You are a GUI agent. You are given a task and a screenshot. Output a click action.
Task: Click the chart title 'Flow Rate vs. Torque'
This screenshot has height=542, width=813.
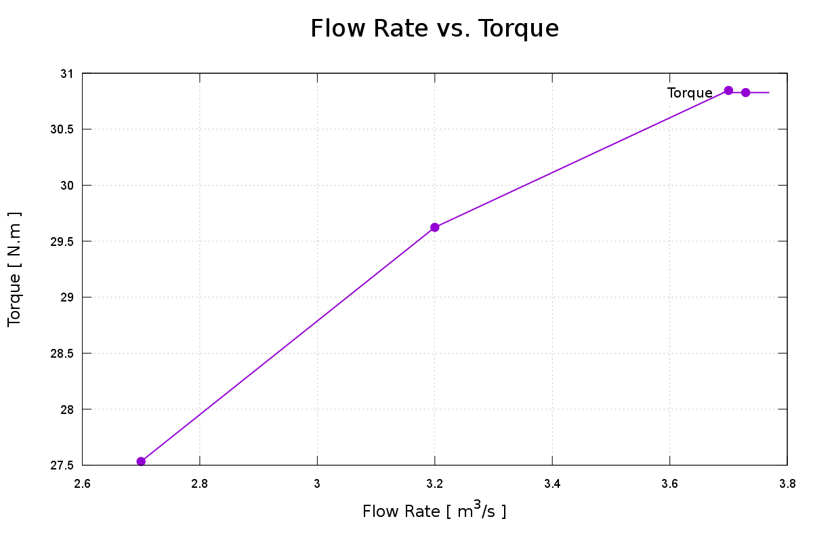pyautogui.click(x=434, y=29)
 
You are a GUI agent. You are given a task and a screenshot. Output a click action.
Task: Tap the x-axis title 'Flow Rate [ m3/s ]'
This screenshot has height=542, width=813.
pyautogui.click(x=434, y=510)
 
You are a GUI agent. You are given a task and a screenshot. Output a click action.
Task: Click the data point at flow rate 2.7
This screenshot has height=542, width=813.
pyautogui.click(x=141, y=461)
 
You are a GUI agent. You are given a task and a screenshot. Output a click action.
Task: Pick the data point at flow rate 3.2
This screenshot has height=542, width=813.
pyautogui.click(x=435, y=227)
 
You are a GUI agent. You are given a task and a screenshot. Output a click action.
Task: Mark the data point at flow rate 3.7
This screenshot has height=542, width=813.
pyautogui.click(x=728, y=91)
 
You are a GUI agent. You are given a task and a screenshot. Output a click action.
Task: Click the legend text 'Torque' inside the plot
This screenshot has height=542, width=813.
pyautogui.click(x=690, y=93)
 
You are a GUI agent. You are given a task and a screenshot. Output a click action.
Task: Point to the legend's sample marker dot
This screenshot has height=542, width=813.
pyautogui.click(x=746, y=92)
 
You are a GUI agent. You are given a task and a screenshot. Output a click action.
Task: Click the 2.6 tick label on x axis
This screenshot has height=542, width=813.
pyautogui.click(x=82, y=484)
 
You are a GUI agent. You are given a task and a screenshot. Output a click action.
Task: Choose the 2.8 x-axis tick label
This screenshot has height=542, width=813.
pyautogui.click(x=200, y=484)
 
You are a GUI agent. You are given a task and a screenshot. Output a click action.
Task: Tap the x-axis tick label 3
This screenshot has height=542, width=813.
pyautogui.click(x=317, y=484)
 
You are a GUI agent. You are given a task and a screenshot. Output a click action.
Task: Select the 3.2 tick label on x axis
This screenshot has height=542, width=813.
pyautogui.click(x=435, y=484)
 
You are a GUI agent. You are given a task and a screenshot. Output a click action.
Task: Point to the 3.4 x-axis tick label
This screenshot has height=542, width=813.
pyautogui.click(x=552, y=484)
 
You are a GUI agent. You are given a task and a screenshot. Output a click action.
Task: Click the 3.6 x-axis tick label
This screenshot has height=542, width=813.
pyautogui.click(x=669, y=484)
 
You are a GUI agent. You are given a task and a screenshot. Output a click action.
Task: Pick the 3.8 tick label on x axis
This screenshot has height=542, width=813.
pyautogui.click(x=787, y=484)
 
